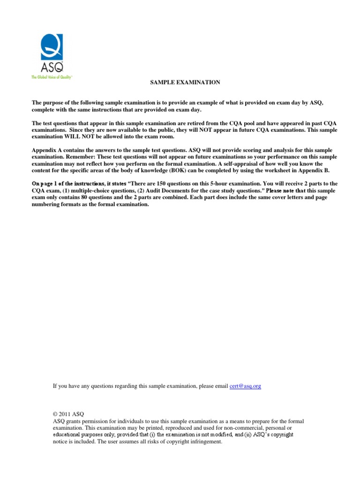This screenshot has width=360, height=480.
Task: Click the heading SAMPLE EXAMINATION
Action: [x=185, y=82]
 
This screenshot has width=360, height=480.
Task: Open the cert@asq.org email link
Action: [x=245, y=386]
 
